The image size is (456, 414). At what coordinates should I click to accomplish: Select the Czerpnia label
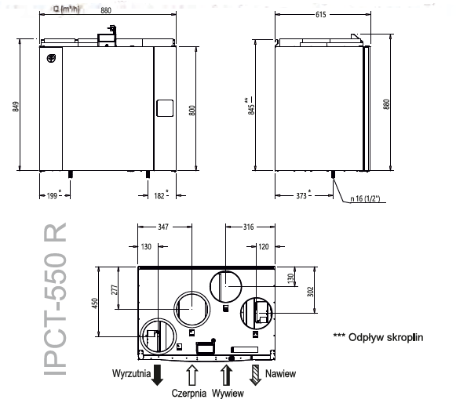[190, 394]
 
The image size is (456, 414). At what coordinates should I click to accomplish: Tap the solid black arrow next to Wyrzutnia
[157, 375]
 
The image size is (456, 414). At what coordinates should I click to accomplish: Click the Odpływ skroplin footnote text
[378, 337]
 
